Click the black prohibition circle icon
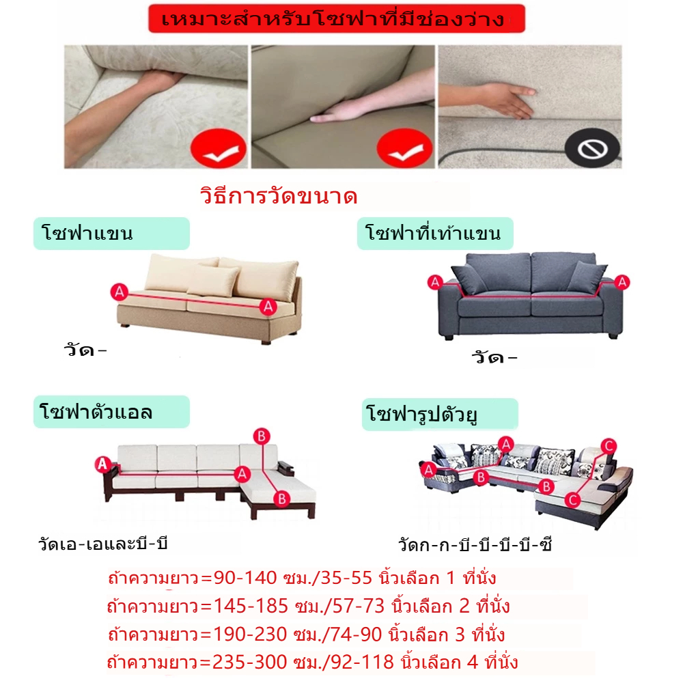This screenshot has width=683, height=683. (x=592, y=148)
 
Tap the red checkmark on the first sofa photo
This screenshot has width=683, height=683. (x=219, y=148)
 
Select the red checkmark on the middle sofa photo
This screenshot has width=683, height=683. (x=404, y=148)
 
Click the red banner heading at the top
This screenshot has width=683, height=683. (x=337, y=18)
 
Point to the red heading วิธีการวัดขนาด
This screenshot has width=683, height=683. (x=279, y=196)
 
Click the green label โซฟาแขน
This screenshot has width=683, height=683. (x=111, y=234)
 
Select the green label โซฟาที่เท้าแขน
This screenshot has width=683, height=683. (x=435, y=234)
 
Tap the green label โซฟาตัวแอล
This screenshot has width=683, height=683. (x=111, y=412)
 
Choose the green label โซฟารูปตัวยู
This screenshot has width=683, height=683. (x=440, y=415)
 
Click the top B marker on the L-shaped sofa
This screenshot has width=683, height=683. (x=262, y=436)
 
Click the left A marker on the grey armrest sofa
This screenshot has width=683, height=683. (x=435, y=282)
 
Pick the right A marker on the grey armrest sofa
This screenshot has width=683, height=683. (x=622, y=282)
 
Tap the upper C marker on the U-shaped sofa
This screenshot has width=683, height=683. (x=609, y=446)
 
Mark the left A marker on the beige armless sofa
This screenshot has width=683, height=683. (x=120, y=292)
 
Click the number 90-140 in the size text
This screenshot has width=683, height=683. (x=245, y=578)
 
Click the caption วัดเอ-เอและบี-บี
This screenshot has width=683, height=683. (x=103, y=544)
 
